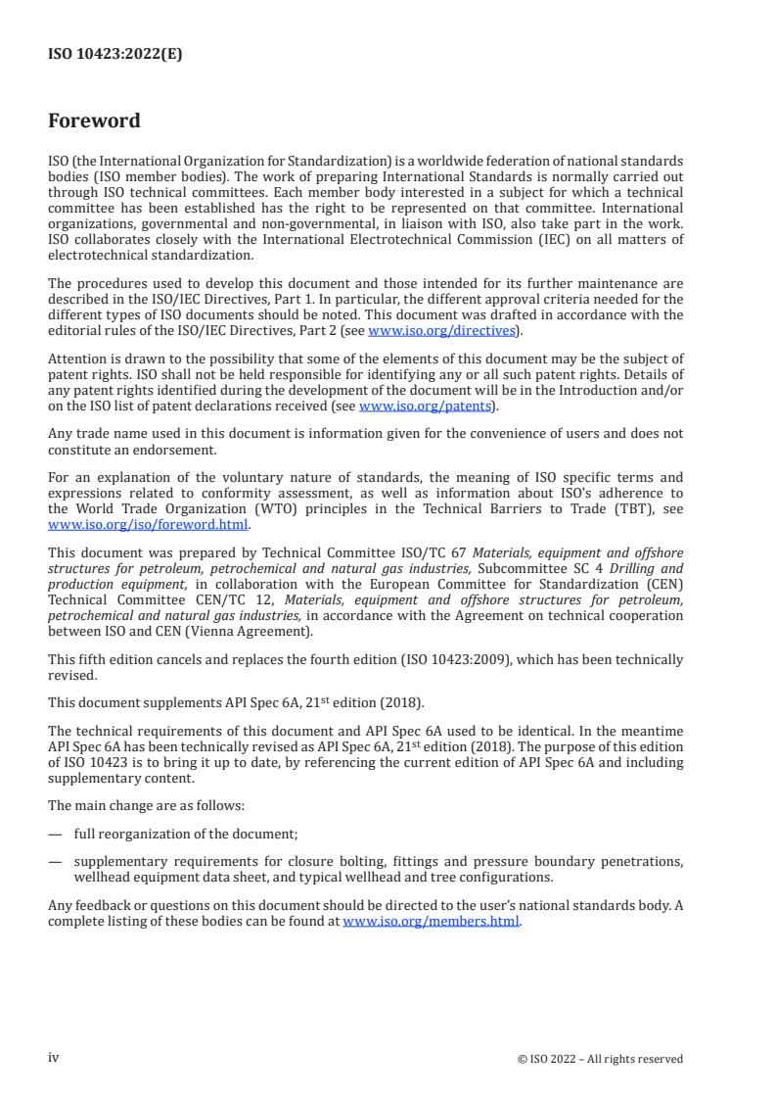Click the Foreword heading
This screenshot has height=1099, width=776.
(x=94, y=121)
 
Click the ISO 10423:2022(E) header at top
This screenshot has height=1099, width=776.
(x=115, y=55)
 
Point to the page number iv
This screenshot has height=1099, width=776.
(x=54, y=1058)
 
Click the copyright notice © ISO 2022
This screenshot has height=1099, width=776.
(x=600, y=1059)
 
